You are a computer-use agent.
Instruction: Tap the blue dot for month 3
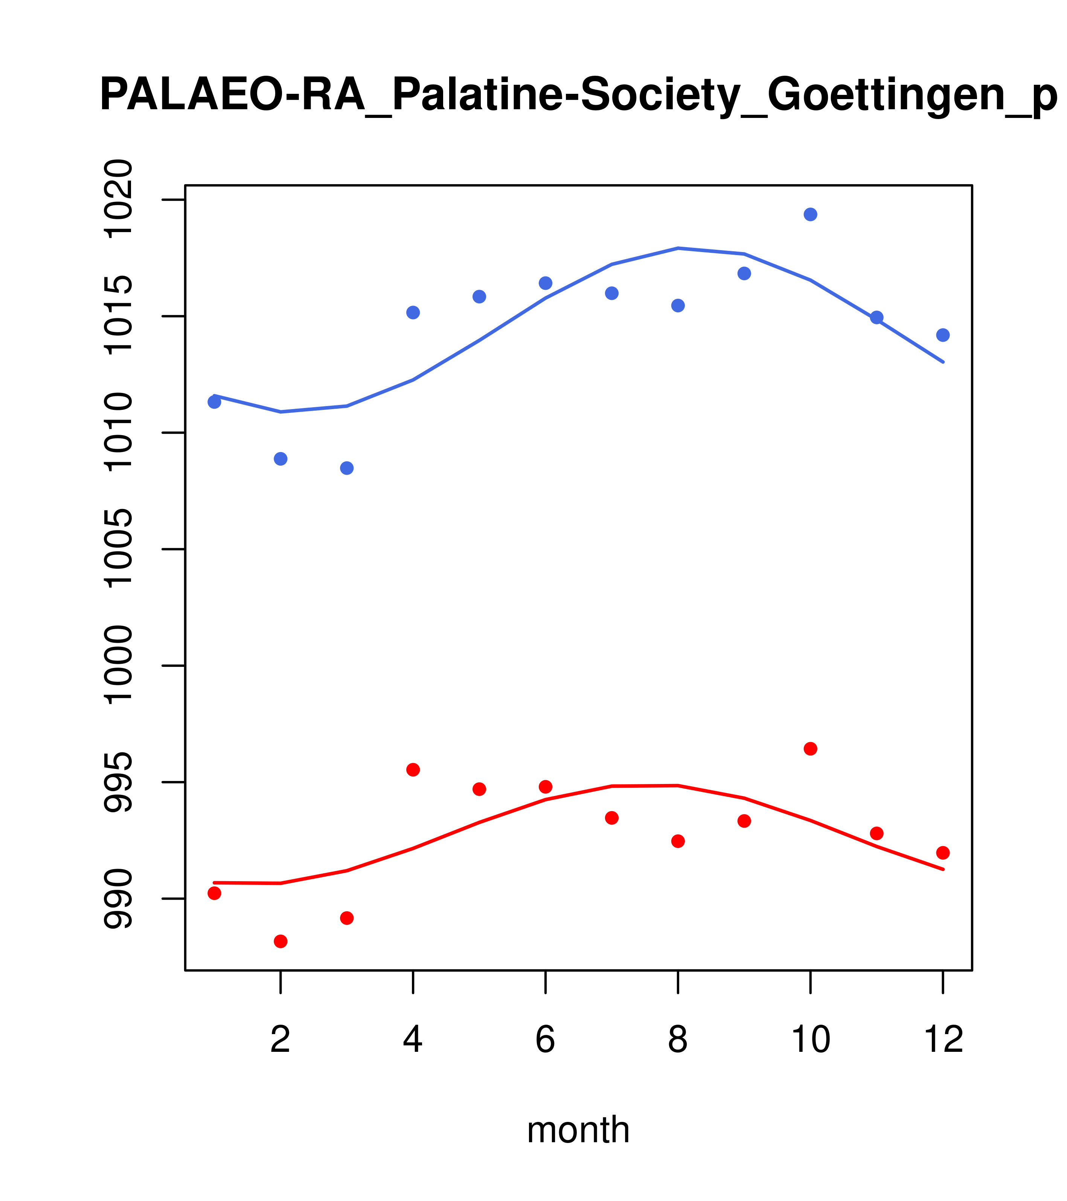pos(347,468)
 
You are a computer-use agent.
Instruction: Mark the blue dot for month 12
pos(943,335)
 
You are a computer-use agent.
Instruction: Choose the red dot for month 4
pos(413,770)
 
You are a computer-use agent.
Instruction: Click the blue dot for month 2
pos(281,458)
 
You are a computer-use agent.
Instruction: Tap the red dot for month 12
pos(943,853)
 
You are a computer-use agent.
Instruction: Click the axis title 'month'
pos(578,1129)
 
